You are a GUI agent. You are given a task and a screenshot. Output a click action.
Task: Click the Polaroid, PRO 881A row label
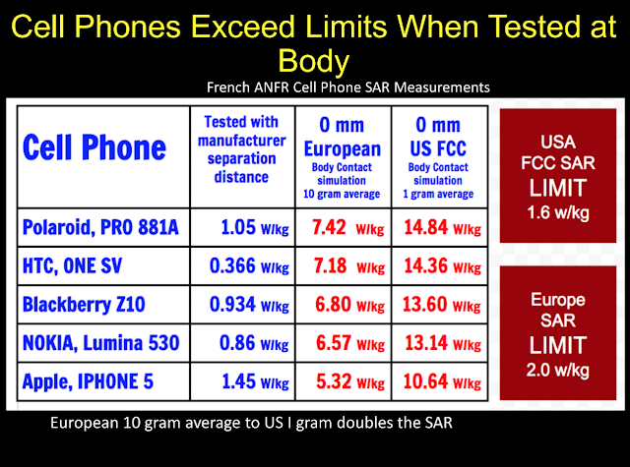[x=100, y=227]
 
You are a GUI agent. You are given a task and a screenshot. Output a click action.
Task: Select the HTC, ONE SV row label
[x=72, y=265]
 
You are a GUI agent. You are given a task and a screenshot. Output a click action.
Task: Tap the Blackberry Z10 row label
[x=84, y=304]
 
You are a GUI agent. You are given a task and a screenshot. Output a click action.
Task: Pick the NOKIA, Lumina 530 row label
[x=100, y=342]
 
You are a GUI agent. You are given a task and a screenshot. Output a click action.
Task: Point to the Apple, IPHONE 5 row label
[x=88, y=381]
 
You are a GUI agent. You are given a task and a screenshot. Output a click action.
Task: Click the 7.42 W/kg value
[x=348, y=227]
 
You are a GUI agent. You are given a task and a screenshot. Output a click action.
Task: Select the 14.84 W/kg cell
[x=442, y=227]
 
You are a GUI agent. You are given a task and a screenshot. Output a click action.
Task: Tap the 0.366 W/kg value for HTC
[x=249, y=266]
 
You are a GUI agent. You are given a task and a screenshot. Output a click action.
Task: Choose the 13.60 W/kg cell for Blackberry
[x=442, y=305]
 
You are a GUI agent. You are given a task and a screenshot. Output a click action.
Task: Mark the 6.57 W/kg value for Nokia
[x=350, y=343]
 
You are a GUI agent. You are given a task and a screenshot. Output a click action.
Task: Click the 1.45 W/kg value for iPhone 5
[x=255, y=381]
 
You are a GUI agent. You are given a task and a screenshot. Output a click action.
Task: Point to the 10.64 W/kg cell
[x=442, y=381]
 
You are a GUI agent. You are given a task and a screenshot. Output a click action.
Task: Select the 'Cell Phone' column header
[x=94, y=147]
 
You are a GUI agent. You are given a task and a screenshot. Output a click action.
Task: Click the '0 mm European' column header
[x=342, y=138]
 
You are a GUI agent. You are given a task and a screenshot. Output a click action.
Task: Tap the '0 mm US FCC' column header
[x=438, y=138]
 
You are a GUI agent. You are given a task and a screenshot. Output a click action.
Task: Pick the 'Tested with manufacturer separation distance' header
[x=241, y=149]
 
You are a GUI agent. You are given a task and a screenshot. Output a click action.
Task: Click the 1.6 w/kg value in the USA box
[x=558, y=212]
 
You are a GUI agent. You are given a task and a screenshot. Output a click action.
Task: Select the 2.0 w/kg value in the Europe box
[x=558, y=370]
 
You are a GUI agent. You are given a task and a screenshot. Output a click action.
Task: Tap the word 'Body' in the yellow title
[x=314, y=61]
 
